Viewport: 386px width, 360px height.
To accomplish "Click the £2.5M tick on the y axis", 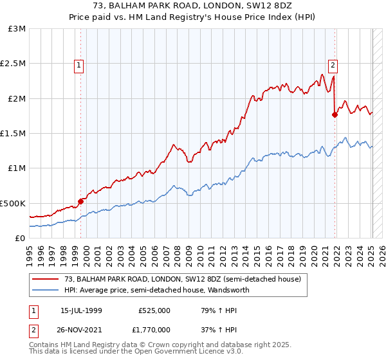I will [x=13, y=64].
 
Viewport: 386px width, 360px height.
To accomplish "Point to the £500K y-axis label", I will [x=13, y=203].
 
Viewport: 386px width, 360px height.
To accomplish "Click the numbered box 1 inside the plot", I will [x=78, y=64].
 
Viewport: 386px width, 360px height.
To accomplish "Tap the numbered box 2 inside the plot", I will [x=333, y=64].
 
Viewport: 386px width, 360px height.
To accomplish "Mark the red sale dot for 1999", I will [x=81, y=201].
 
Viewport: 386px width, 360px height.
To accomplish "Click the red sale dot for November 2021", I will [x=335, y=115].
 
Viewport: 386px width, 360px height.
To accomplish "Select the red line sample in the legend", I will [x=46, y=279].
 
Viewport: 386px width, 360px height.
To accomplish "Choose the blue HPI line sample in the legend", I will [x=46, y=290].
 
